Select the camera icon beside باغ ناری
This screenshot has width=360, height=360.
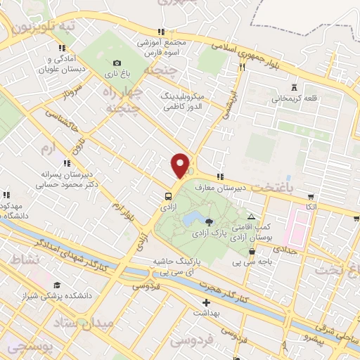[x=117, y=63]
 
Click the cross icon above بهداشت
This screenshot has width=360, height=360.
[x=205, y=303]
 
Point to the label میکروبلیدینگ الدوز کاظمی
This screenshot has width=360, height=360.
[x=183, y=101]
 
